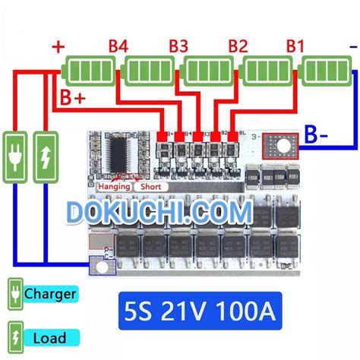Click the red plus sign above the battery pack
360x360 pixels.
58,47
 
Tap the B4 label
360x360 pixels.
118,47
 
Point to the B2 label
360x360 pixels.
237,47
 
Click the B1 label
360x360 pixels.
295,47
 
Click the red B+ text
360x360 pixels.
73,98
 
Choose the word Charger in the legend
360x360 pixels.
49,292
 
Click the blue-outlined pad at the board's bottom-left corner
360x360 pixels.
98,266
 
